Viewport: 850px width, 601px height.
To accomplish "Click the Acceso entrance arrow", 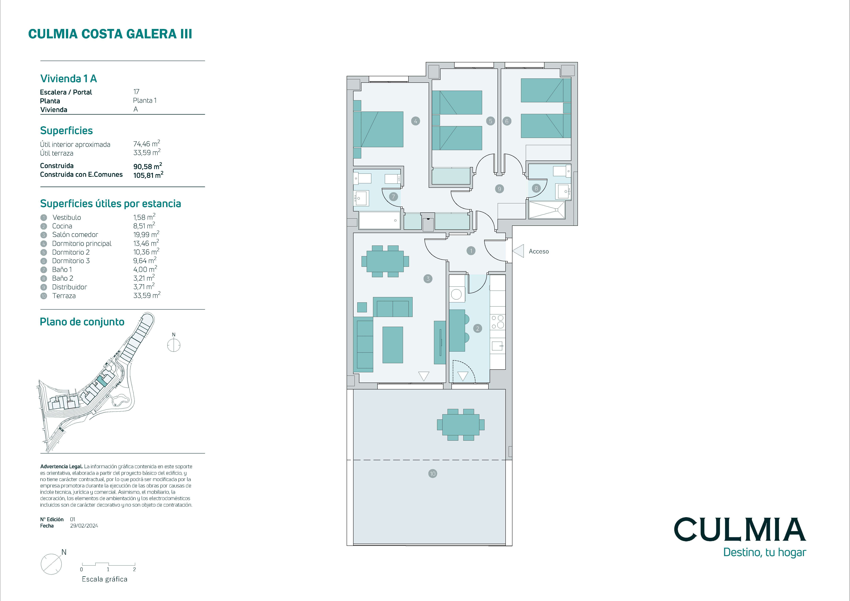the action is point(518,251).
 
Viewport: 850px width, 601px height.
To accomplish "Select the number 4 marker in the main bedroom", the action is point(415,121).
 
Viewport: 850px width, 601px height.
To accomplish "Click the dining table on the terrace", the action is point(461,424).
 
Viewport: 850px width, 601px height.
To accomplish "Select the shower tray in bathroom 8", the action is point(547,210).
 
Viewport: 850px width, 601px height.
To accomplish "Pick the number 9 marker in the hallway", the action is point(499,189).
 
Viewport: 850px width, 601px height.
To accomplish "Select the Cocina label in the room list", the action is point(62,226).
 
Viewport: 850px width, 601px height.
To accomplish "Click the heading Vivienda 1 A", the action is point(69,78).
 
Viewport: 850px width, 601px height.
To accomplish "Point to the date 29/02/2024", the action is point(84,525).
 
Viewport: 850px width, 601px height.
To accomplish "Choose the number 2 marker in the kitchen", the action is point(477,328).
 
